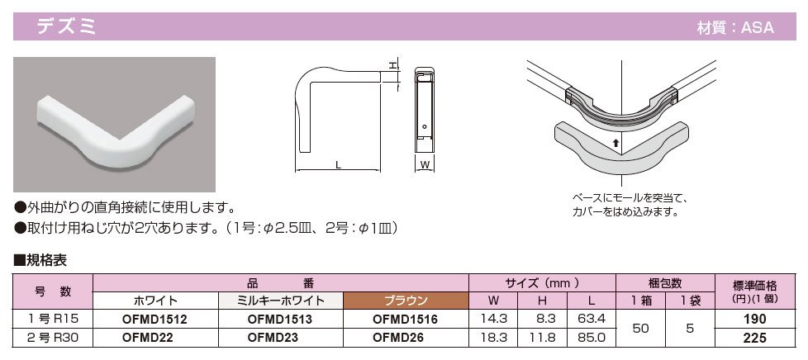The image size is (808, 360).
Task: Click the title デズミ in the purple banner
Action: (66, 26)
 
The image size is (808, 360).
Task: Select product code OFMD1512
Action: (154, 320)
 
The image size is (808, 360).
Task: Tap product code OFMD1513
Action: (280, 320)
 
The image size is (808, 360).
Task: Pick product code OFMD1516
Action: (405, 320)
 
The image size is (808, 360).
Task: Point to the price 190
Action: (755, 320)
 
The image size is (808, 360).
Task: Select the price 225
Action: (755, 339)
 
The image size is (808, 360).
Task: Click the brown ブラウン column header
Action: (406, 301)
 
